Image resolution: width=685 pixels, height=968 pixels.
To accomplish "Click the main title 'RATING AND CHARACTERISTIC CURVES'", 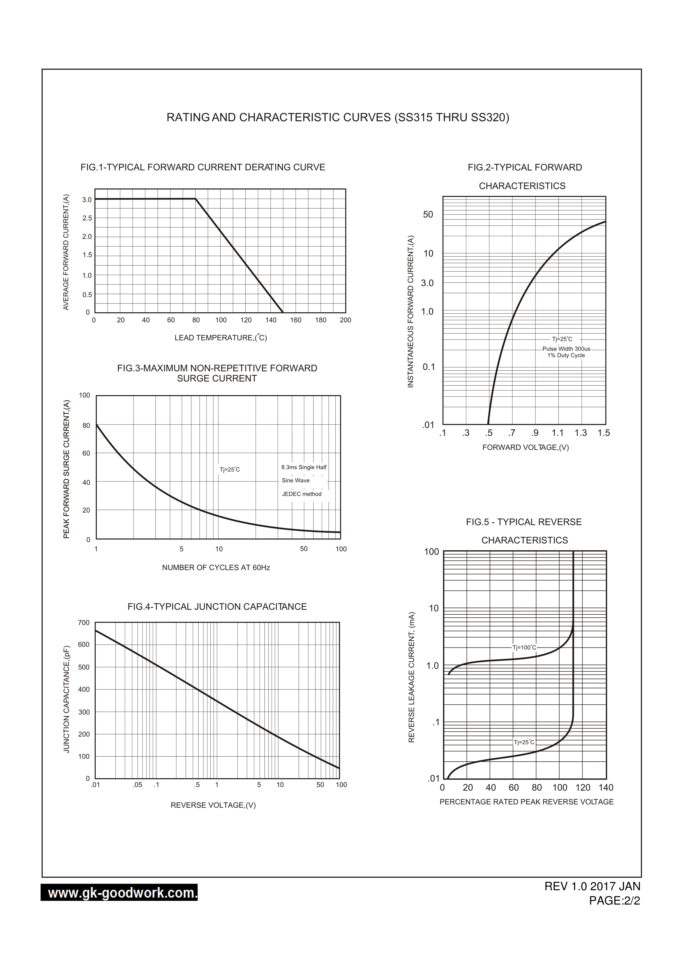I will point(338,117).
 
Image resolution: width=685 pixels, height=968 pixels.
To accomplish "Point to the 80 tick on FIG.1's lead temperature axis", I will point(196,320).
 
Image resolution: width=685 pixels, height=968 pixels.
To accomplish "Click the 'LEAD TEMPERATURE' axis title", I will point(221,338).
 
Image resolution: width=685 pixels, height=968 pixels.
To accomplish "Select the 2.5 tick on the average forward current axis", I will point(87,218).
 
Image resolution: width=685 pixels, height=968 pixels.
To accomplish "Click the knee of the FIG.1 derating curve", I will point(195,199).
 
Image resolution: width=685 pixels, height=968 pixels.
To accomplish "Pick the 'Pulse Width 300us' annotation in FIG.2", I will point(566,349).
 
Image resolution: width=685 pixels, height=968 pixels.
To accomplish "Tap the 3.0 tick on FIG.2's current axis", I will point(427,283).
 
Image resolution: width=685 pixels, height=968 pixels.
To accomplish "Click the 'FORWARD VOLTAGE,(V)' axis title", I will point(525,447).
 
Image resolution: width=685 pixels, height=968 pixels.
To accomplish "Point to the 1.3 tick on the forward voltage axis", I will point(580,433).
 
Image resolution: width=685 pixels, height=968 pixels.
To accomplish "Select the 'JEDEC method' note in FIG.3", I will point(302,494).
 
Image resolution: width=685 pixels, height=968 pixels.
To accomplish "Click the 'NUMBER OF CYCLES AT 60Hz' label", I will point(216,567).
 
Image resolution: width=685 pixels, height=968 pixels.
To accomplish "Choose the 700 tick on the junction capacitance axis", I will point(84,622).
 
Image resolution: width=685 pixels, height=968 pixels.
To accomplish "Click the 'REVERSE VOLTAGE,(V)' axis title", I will point(213,805).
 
